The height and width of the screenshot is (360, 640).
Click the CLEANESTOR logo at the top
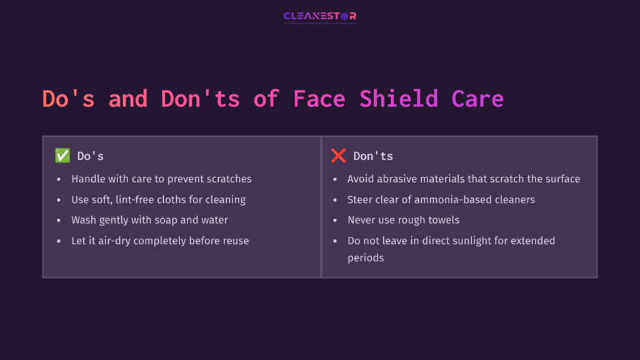coord(320,17)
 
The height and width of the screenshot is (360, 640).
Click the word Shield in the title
coord(399,99)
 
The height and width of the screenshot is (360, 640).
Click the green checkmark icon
coord(62,156)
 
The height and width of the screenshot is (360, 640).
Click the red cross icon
coord(338,156)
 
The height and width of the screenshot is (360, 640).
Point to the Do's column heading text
coord(91,156)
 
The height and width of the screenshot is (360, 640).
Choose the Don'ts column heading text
coord(373,156)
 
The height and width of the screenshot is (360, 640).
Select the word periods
coord(366,257)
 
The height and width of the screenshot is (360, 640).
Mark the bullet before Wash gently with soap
coord(59,220)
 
